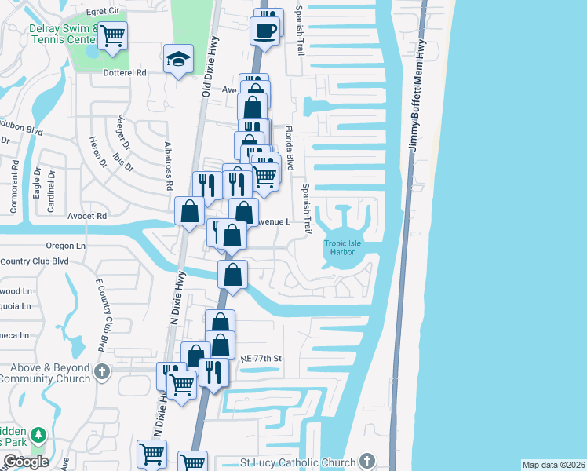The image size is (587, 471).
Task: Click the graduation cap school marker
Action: (178, 57)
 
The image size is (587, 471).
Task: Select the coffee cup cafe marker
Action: (264, 31)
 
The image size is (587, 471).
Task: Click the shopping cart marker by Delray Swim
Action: (112, 34)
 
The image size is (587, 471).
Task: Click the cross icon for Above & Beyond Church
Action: (101, 371)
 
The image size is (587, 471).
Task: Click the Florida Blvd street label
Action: (289, 148)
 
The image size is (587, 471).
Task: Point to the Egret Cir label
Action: (107, 11)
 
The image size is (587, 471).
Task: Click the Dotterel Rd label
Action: (125, 72)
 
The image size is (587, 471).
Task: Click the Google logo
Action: (25, 462)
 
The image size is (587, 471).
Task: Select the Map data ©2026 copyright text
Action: (553, 465)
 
